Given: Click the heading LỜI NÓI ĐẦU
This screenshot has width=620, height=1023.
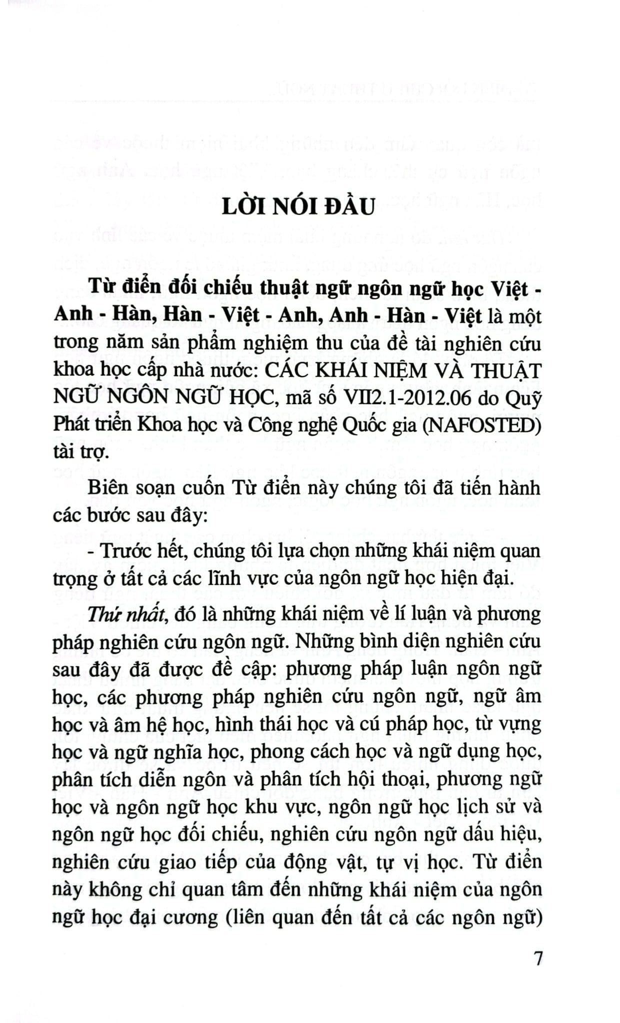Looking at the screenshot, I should [298, 206].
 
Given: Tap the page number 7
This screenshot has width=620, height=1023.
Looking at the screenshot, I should [538, 959].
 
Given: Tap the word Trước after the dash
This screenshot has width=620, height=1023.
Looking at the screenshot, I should [130, 551].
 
